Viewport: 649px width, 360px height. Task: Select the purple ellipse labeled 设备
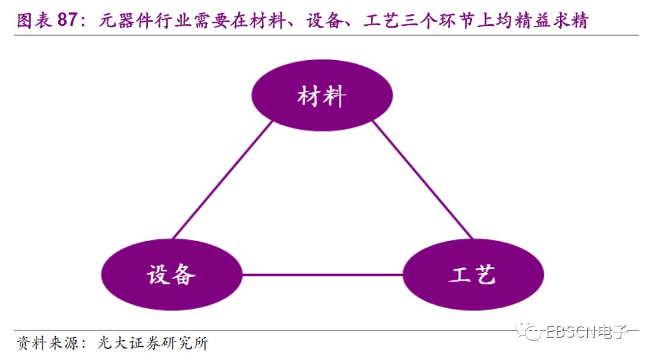171,275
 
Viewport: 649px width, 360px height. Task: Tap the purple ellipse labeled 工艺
472,275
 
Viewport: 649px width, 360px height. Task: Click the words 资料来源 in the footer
44,344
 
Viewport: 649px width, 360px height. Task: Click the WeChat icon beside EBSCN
532,331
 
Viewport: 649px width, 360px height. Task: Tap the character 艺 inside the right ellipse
485,275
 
